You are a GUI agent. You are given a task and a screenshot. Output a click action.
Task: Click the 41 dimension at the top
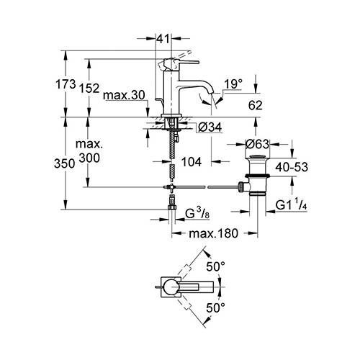[163, 39]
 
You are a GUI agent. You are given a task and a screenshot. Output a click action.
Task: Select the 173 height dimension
[66, 84]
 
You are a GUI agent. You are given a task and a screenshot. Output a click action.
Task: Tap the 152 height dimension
[89, 88]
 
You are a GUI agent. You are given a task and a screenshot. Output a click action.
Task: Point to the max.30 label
[124, 95]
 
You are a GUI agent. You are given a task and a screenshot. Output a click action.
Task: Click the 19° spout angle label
[233, 84]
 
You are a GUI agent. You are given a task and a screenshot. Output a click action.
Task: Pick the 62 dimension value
[255, 105]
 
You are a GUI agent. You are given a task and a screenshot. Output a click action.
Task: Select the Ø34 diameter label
[210, 127]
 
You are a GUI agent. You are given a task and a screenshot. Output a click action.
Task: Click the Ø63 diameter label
[257, 144]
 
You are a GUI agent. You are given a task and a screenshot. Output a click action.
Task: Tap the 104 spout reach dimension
[192, 162]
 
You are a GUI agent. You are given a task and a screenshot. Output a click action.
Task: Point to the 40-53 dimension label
[292, 167]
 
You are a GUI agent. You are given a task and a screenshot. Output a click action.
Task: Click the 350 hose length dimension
[64, 163]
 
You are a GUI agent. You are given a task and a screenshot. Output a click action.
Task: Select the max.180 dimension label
[213, 233]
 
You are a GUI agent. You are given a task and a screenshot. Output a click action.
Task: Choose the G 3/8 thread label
[197, 213]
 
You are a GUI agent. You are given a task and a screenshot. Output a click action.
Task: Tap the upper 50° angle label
[215, 266]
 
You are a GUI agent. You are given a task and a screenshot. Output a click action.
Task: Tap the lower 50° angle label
[215, 307]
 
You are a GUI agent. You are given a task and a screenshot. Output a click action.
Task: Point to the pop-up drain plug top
[257, 157]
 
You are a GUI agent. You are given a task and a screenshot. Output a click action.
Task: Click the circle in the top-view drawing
[171, 287]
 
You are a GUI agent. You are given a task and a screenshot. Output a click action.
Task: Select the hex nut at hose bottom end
[172, 207]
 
